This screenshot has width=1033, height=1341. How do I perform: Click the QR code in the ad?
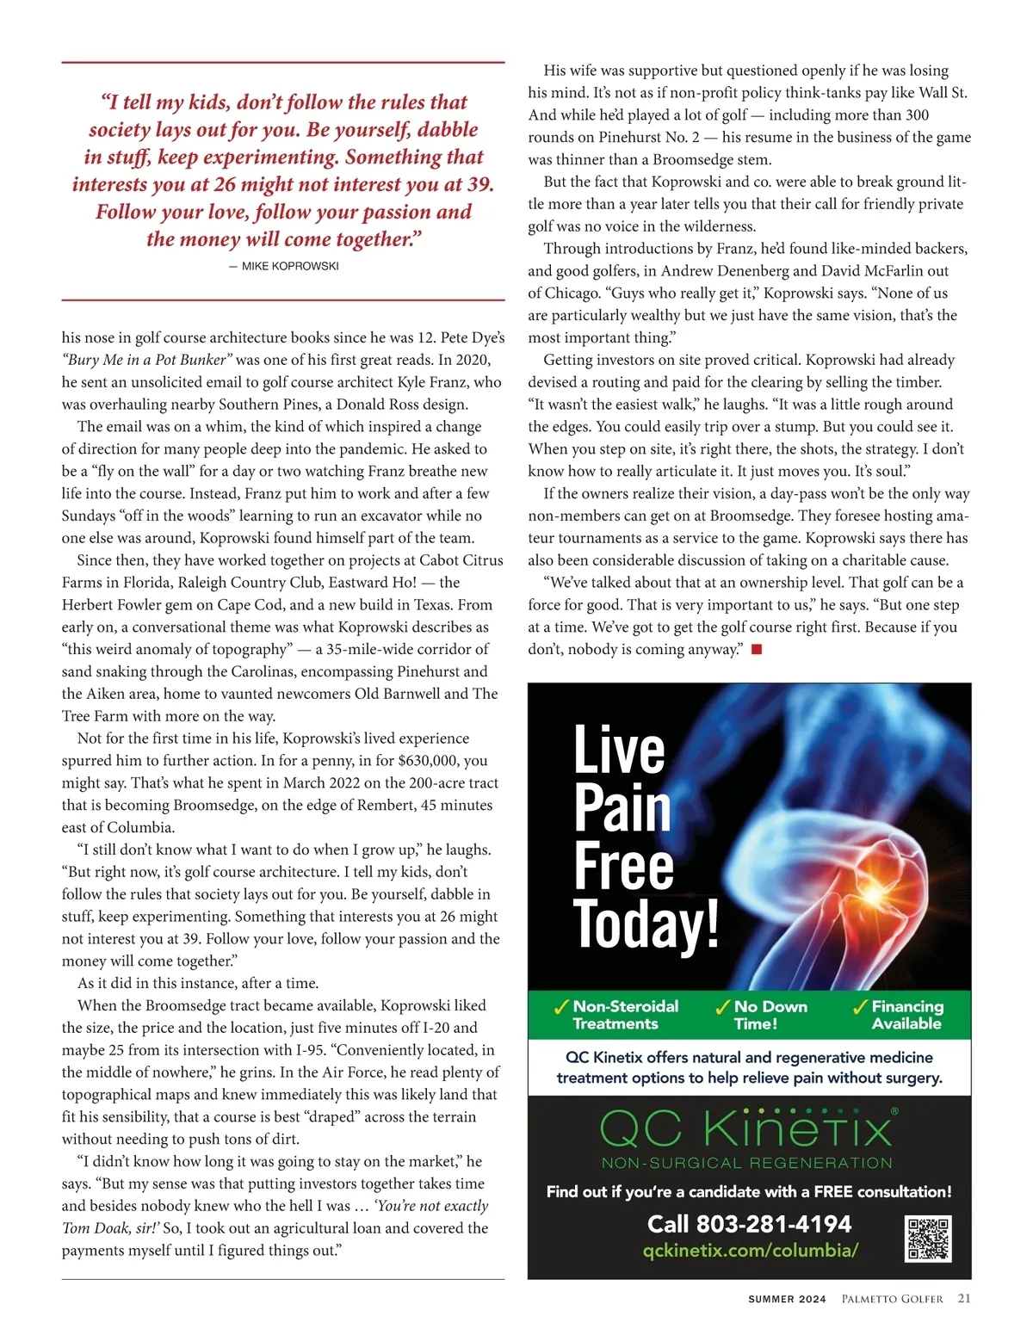point(928,1239)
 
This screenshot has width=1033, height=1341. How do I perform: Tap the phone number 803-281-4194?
point(749,1224)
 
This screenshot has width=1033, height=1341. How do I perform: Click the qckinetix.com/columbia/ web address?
point(750,1251)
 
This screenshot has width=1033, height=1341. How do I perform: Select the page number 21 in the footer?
point(964,1299)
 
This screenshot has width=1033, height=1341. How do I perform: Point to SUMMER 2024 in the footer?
point(787,1300)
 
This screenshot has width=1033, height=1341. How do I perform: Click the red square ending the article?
point(757,650)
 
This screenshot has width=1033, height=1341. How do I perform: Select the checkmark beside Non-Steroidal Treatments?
point(561,1007)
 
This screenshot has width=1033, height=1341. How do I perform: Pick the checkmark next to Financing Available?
point(860,1007)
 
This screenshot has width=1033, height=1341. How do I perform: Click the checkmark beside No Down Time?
point(723,1007)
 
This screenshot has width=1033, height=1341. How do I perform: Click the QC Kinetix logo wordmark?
point(748,1128)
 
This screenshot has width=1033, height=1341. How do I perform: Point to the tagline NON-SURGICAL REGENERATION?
point(747,1163)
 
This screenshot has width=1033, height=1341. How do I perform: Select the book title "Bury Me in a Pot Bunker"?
point(147,360)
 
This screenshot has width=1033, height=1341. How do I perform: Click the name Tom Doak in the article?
point(91,1228)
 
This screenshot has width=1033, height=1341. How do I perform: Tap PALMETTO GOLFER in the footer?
point(892,1300)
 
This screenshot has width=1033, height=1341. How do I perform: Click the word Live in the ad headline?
point(619,750)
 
